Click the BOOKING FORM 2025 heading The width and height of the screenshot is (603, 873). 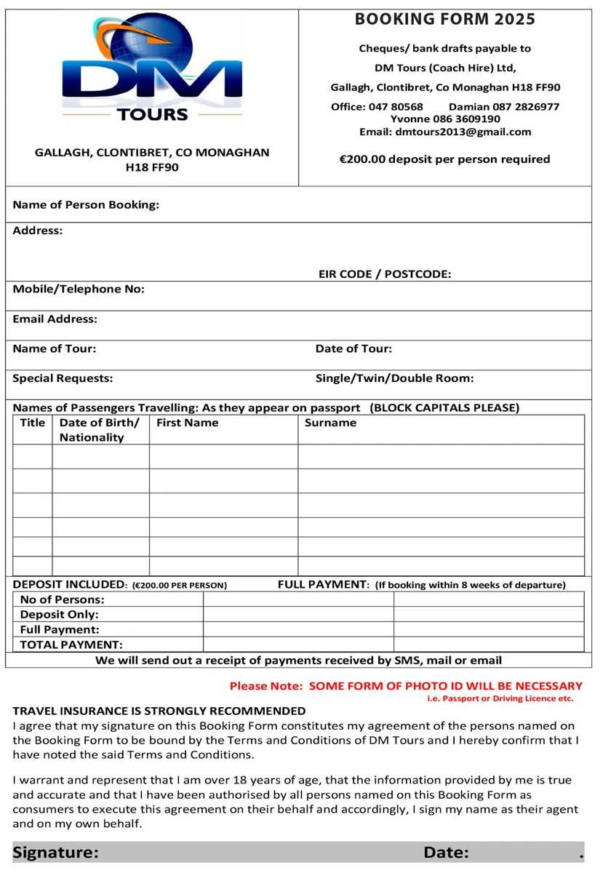point(444,20)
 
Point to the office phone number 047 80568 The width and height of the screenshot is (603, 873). point(396,106)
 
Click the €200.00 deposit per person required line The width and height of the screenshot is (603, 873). point(444,159)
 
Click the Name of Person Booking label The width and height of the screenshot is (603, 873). point(86,204)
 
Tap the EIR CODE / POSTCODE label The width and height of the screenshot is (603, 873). point(384,274)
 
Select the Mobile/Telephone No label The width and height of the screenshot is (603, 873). point(79,289)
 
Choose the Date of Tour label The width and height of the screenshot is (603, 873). point(354,348)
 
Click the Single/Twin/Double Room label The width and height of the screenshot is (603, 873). point(394,378)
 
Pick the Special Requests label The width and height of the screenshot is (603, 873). point(63,378)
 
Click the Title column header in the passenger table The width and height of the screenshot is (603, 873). point(33,423)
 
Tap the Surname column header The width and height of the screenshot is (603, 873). point(330,423)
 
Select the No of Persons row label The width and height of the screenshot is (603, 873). point(62,599)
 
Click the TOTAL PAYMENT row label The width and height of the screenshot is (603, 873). point(71,645)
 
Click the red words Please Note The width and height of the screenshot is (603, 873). point(265,685)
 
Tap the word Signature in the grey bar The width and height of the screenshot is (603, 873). point(55,853)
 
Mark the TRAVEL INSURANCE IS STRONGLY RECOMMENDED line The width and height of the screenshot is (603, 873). point(159,711)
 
